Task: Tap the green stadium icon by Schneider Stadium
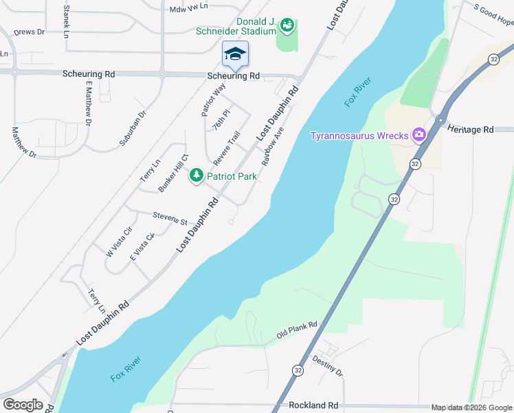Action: pos(287,26)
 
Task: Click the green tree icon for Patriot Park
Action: pos(197,176)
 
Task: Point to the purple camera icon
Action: pos(418,135)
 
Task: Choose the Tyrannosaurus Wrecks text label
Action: pos(359,136)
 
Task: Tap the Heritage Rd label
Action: pos(470,129)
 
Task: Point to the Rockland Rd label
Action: pos(313,405)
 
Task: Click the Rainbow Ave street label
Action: pos(273,145)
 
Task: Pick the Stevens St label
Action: pos(170,218)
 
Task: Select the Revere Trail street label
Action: pos(226,148)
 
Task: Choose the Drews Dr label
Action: pos(28,32)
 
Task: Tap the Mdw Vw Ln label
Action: pos(188,10)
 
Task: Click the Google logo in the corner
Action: pos(23,405)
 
